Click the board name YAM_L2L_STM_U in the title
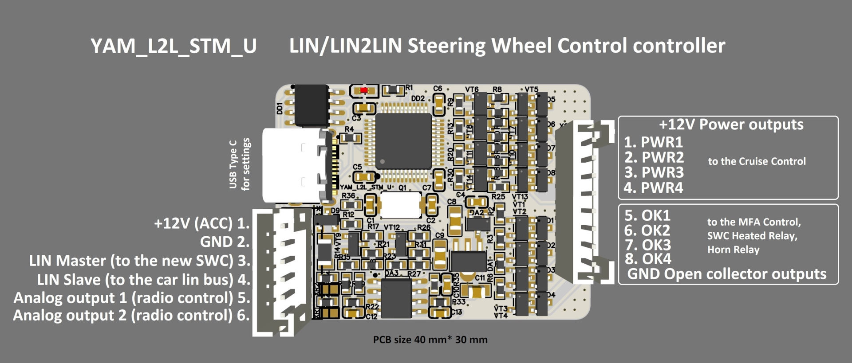[174, 46]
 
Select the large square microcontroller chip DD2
[403, 141]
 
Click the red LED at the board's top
[364, 90]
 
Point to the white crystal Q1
[401, 205]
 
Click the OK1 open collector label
[647, 215]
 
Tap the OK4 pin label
[648, 259]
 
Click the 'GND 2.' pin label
[225, 242]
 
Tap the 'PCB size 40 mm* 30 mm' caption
[430, 340]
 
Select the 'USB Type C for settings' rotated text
[239, 164]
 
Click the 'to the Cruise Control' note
[757, 161]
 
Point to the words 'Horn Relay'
[733, 250]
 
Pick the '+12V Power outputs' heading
[731, 125]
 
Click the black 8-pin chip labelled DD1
[312, 105]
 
